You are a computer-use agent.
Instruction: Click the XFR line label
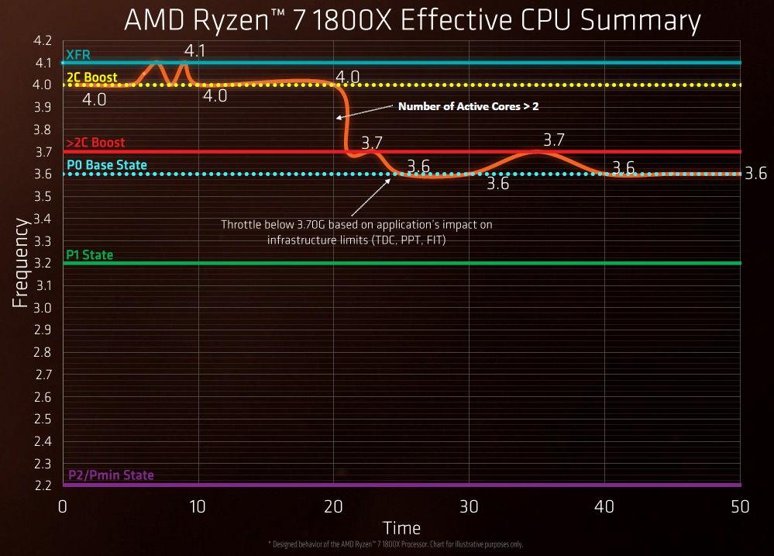(x=78, y=55)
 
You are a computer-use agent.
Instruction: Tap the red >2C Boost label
(x=95, y=143)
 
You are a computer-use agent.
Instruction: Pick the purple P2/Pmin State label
(x=110, y=475)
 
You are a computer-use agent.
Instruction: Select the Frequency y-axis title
(x=21, y=264)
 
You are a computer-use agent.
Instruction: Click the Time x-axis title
(x=402, y=528)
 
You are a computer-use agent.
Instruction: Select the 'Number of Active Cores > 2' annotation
(x=468, y=107)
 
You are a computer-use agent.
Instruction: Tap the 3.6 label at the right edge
(x=755, y=174)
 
